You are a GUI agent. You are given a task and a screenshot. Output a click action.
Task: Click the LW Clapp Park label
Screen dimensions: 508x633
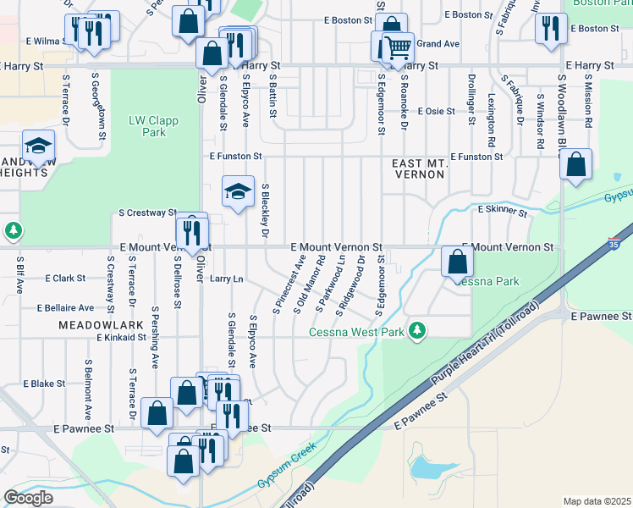point(154,126)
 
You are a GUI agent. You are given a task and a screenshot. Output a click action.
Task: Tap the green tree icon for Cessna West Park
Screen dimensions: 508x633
point(416,329)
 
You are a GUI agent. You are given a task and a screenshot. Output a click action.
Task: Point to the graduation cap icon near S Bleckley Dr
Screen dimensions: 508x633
point(238,191)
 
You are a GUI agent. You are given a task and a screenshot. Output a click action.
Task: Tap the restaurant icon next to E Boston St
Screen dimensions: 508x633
point(551,28)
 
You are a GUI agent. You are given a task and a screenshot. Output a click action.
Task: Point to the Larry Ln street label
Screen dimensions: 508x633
point(227,279)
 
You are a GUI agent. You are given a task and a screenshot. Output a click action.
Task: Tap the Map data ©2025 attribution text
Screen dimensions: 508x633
point(597,501)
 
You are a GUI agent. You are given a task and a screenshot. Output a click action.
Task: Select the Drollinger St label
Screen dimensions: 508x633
point(471,99)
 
